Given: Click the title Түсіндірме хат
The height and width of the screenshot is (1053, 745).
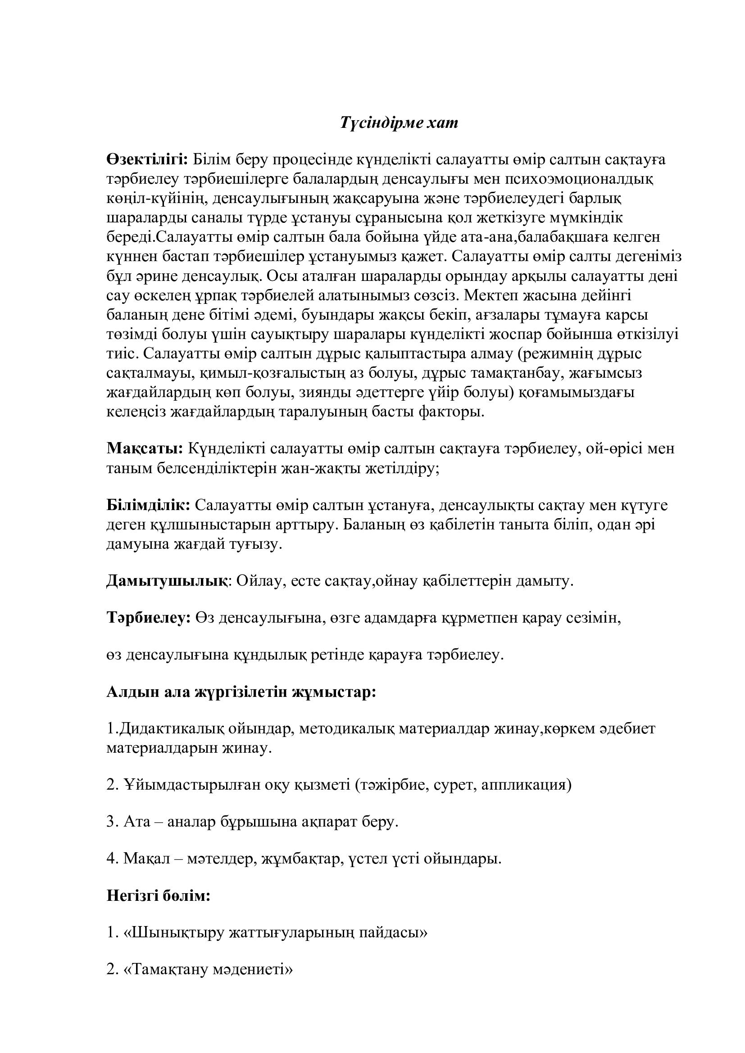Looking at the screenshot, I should (399, 123).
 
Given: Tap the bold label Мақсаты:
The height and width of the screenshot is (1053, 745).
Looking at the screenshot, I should (145, 448).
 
